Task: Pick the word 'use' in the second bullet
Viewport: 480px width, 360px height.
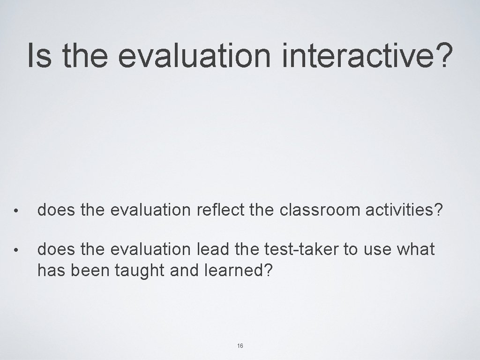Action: click(x=377, y=249)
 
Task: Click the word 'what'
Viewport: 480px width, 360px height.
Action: click(x=415, y=249)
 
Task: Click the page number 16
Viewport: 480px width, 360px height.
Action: click(x=240, y=345)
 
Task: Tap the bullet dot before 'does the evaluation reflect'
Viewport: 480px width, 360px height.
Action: click(x=16, y=211)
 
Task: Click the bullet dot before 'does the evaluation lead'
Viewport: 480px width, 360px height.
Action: click(x=16, y=250)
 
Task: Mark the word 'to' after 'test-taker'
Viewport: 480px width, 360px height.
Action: click(x=350, y=249)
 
